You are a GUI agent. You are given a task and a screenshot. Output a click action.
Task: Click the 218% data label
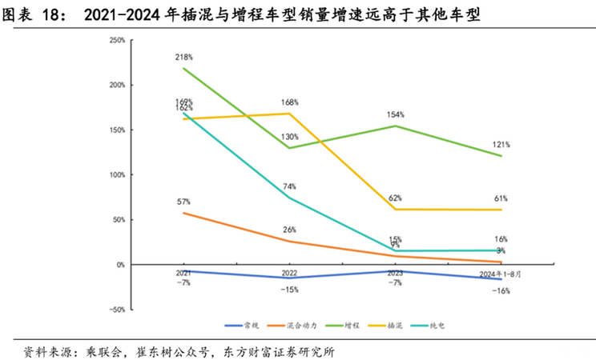[x=185, y=58]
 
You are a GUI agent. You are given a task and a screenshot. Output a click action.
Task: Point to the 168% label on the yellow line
[x=290, y=102]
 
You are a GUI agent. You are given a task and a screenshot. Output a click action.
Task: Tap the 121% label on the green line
[x=501, y=145]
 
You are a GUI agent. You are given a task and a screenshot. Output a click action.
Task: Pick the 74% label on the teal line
[x=290, y=186]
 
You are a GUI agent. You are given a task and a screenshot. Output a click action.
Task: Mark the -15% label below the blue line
[x=290, y=289]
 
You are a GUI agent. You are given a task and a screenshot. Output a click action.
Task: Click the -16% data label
[x=501, y=290]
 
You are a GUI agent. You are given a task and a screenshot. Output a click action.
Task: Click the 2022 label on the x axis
[x=290, y=274]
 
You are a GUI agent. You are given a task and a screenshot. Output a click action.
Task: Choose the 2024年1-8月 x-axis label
[x=501, y=274]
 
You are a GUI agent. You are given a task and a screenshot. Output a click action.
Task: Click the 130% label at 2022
[x=290, y=137]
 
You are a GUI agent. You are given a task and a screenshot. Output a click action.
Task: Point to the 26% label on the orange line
[x=290, y=230]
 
